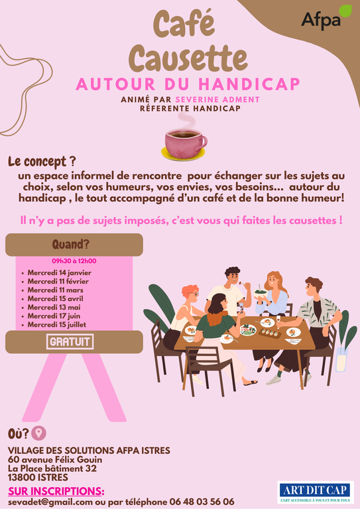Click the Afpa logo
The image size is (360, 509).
click(326, 18)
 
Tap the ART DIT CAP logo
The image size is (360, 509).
click(316, 492)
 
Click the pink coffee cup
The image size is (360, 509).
click(185, 144)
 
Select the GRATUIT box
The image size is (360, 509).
click(70, 341)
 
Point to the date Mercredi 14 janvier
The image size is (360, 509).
click(60, 272)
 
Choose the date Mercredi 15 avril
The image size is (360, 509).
click(55, 299)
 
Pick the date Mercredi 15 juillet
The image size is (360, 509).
click(57, 325)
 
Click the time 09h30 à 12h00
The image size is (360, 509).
click(74, 261)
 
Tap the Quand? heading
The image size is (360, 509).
click(71, 245)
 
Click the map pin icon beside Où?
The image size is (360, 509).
click(38, 433)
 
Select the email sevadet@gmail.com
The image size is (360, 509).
click(50, 502)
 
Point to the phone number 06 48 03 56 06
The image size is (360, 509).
click(202, 502)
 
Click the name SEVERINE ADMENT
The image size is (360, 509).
click(217, 99)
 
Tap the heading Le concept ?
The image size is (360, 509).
click(42, 162)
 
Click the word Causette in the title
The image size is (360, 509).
click(188, 58)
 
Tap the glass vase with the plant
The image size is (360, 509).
click(341, 359)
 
